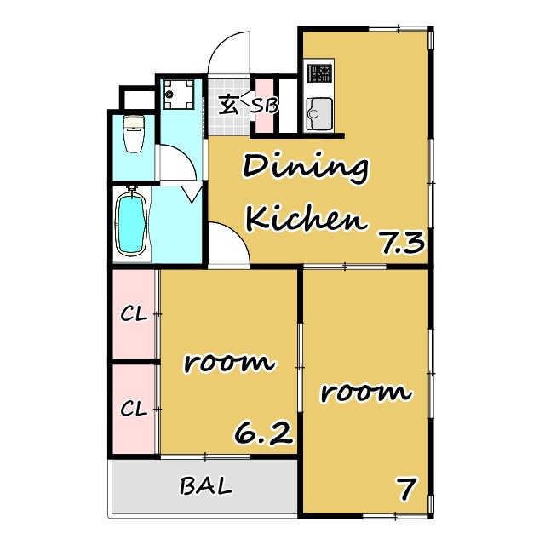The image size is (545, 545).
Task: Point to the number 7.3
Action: [403, 243]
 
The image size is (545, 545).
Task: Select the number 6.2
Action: [263, 433]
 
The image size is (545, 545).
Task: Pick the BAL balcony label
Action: [205, 485]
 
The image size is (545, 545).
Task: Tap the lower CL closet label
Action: [134, 409]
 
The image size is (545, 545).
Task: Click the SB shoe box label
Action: [265, 106]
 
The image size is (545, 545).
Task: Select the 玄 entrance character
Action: [229, 104]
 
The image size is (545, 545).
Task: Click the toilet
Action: [134, 134]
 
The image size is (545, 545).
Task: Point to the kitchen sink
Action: [319, 113]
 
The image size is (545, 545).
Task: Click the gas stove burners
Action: [320, 74]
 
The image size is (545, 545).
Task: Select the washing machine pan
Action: [179, 94]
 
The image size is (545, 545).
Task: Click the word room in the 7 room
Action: [365, 393]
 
